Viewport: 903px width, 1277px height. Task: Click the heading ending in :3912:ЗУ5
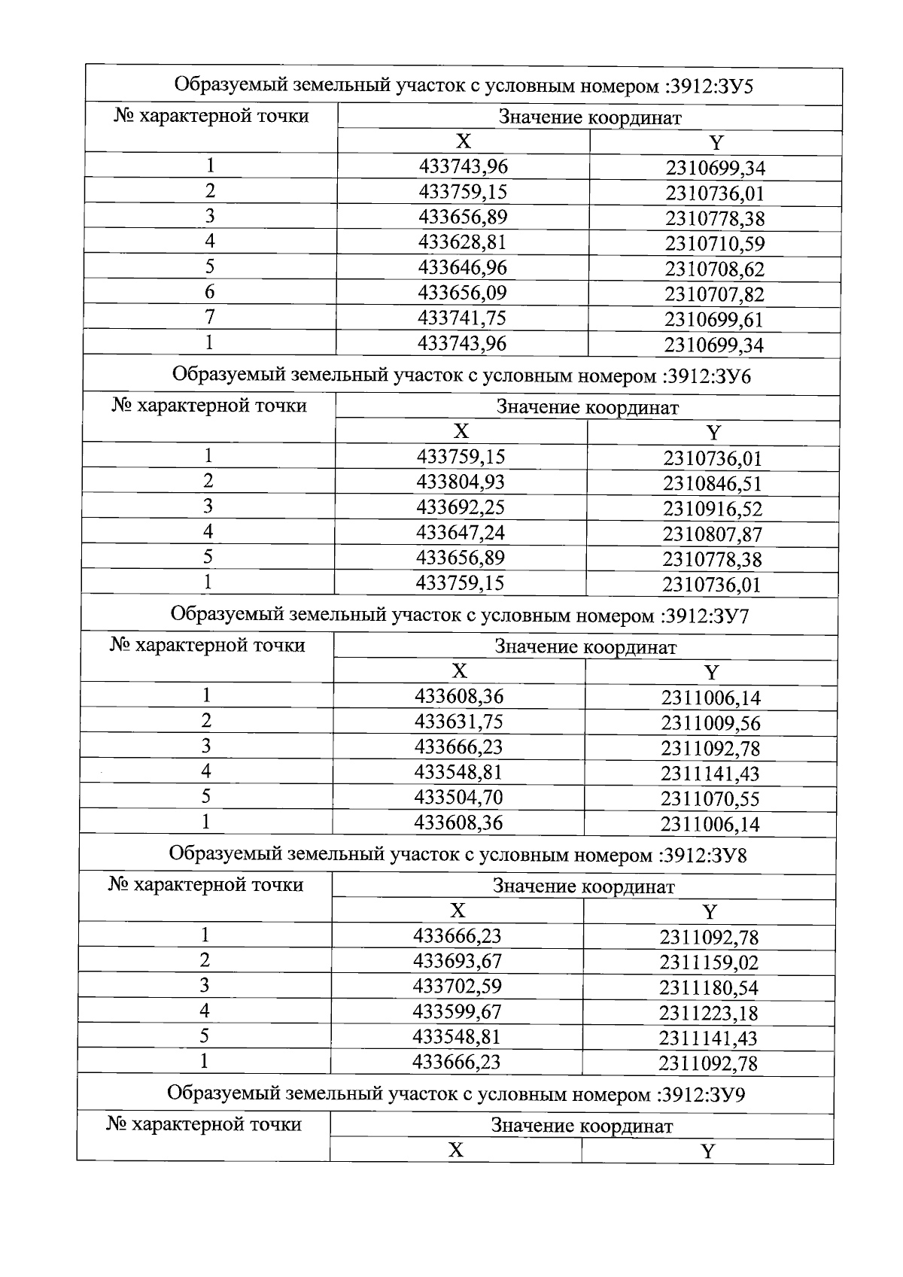464,86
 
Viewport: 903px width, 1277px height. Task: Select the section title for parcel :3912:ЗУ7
460,616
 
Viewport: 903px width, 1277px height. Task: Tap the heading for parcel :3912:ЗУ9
456,1094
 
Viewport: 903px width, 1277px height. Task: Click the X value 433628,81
462,242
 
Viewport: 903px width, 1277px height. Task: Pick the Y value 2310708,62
714,269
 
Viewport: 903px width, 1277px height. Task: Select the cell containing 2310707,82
714,294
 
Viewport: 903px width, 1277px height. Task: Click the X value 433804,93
461,482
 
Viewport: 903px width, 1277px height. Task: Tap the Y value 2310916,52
712,509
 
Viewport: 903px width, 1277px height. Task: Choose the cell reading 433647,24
460,533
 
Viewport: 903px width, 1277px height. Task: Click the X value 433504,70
458,798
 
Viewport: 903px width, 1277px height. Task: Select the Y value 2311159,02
709,963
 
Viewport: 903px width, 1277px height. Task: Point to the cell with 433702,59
457,987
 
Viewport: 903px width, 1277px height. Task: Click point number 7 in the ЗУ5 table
210,318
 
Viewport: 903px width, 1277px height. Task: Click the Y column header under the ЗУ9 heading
707,1151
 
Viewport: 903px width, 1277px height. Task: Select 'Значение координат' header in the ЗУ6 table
587,408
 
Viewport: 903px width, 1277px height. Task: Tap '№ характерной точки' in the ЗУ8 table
205,885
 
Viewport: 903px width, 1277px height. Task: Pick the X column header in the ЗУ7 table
459,671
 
